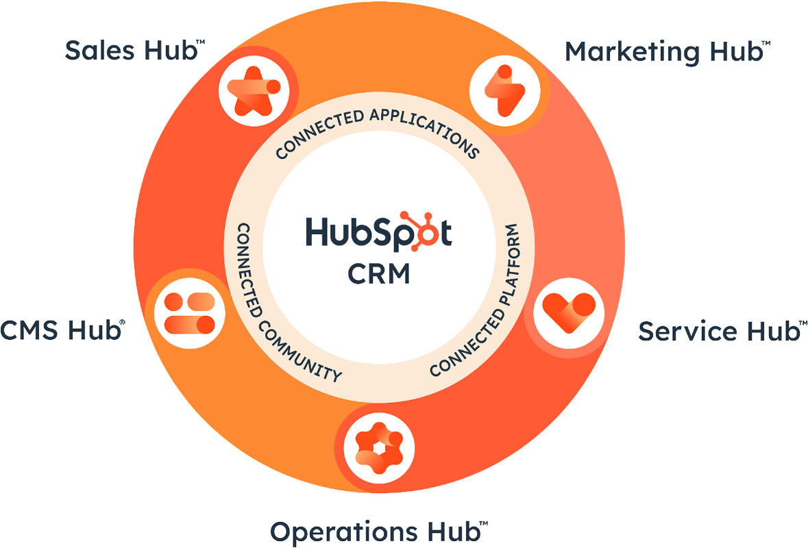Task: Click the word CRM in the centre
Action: coord(378,275)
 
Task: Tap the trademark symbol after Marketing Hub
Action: coord(766,43)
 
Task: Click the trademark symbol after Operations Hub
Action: coord(483,523)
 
